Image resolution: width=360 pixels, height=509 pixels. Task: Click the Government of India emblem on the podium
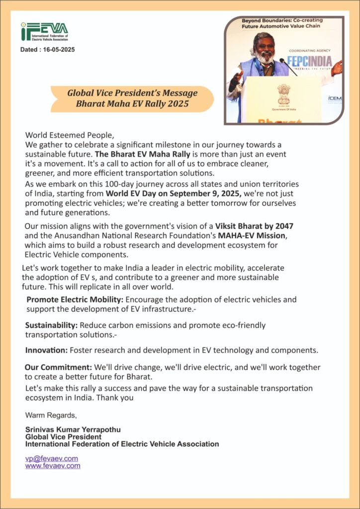[284, 93]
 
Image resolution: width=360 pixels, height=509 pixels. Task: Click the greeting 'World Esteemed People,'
[70, 135]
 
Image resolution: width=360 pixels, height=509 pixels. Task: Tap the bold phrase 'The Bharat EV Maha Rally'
[142, 154]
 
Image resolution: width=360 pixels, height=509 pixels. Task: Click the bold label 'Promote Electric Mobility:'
[75, 300]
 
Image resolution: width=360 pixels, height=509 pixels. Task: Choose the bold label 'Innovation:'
[46, 350]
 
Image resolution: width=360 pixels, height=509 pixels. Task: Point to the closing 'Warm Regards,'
[51, 415]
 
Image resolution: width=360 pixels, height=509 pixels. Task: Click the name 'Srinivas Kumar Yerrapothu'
[73, 429]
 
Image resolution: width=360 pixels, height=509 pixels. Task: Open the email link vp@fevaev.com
[52, 458]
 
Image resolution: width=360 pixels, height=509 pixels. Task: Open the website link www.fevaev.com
[53, 466]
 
